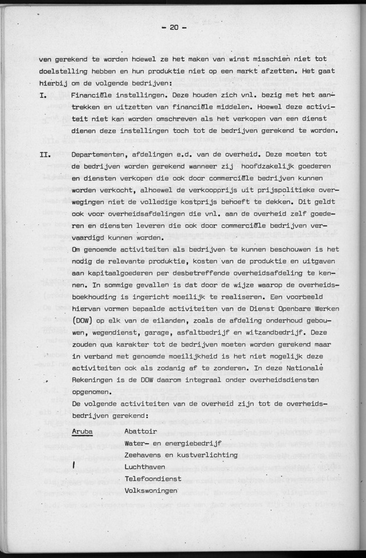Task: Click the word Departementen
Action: coord(101,156)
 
